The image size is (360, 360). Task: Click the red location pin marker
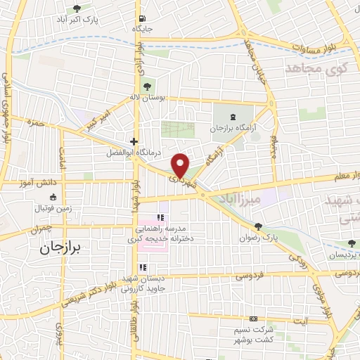click(x=181, y=165)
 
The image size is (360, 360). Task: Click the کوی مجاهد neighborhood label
click(x=313, y=68)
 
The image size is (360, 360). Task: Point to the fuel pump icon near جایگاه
click(x=143, y=19)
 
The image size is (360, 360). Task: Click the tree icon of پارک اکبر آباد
click(x=77, y=9)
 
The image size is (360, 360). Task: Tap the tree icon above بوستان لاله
click(x=146, y=86)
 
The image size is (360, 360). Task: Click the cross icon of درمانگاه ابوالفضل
click(x=134, y=141)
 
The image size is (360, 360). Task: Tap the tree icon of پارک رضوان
click(x=259, y=226)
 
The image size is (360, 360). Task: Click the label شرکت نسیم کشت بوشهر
click(x=252, y=335)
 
